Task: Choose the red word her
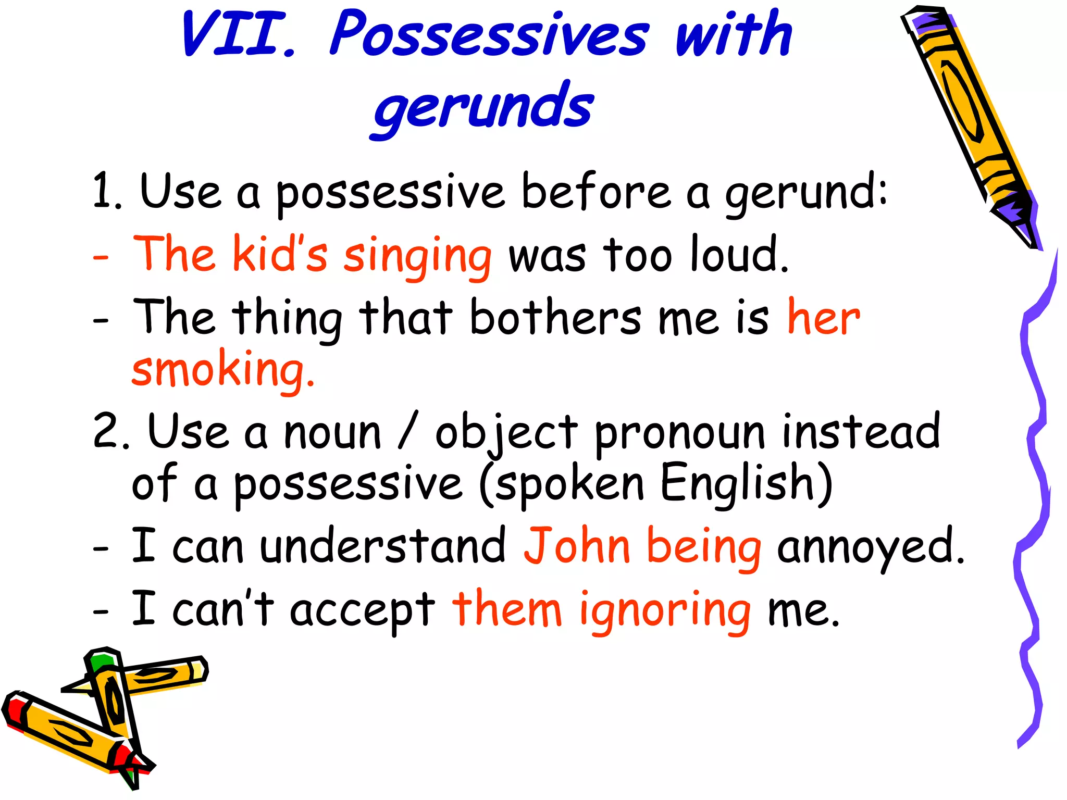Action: (823, 318)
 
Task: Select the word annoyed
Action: (870, 547)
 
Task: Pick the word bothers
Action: (555, 318)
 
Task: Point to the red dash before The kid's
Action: (101, 257)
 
